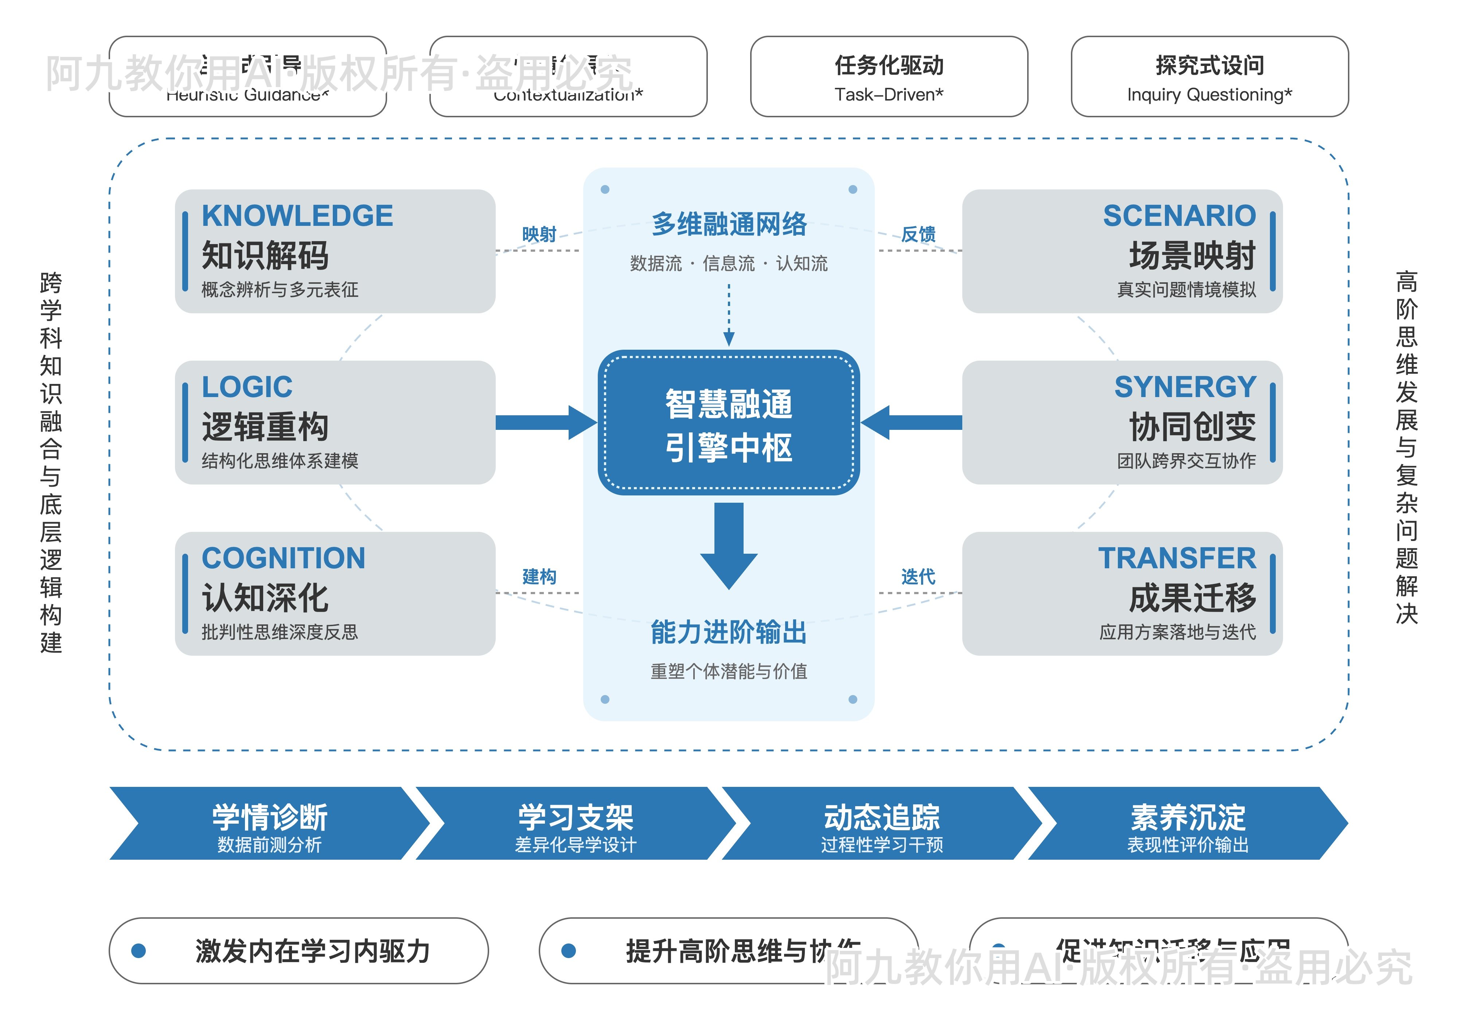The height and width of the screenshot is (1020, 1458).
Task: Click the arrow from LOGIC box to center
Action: (545, 423)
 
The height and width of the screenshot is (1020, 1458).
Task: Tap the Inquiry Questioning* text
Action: (1209, 95)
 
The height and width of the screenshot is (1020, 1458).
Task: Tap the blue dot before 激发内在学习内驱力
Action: (139, 950)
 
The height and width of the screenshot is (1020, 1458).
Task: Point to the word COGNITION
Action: (283, 558)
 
